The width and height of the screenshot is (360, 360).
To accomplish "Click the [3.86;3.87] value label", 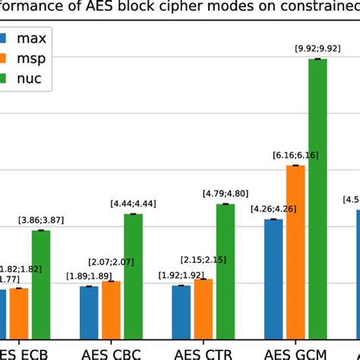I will (41, 220).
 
